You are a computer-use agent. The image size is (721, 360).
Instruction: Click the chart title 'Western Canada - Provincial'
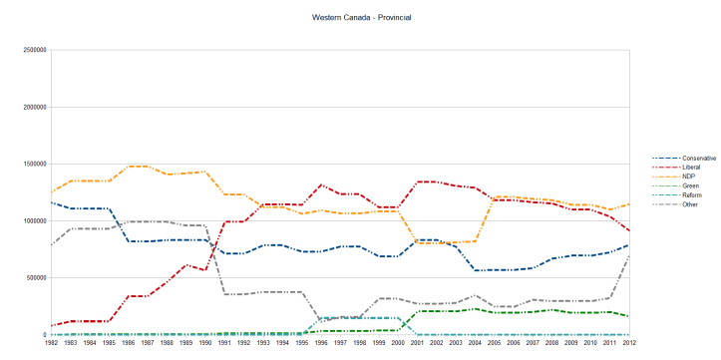361,18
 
